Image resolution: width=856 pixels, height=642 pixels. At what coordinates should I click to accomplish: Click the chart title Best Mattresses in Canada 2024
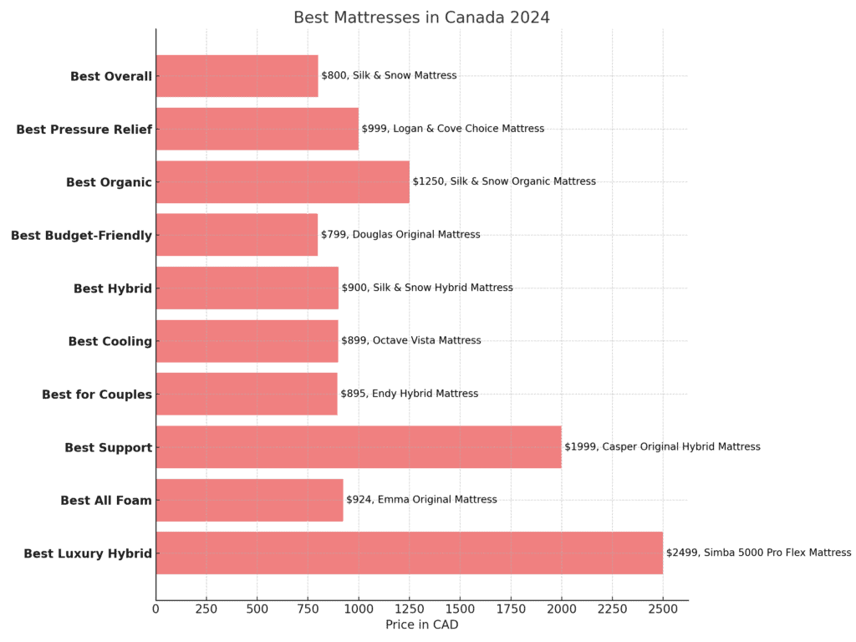click(x=421, y=18)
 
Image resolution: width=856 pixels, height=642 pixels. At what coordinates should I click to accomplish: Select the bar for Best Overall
click(x=237, y=76)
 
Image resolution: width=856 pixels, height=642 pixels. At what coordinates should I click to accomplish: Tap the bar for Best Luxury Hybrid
click(x=409, y=553)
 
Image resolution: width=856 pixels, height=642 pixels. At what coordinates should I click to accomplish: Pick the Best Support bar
click(x=358, y=447)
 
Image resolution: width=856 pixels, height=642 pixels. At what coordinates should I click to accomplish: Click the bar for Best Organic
click(x=283, y=182)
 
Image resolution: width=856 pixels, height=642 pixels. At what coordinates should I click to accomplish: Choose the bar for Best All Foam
click(x=249, y=500)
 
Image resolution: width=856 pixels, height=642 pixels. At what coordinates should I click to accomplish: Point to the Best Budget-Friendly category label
click(x=81, y=236)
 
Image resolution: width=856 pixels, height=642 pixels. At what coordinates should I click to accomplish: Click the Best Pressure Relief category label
click(x=84, y=130)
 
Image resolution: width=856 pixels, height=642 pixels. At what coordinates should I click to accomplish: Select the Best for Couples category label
click(x=97, y=395)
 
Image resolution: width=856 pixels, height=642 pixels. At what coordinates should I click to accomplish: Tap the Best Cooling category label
click(x=110, y=342)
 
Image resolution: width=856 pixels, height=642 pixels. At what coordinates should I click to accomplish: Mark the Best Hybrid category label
click(x=113, y=288)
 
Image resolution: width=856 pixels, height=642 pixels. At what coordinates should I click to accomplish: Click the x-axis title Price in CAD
click(x=421, y=624)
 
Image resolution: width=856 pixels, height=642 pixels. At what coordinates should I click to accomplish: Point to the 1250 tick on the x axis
click(x=410, y=609)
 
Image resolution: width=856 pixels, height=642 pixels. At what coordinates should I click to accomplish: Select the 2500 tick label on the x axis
click(x=663, y=609)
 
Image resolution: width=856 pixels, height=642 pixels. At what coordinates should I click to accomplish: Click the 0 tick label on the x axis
click(x=155, y=609)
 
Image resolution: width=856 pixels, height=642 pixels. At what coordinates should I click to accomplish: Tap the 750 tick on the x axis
click(x=308, y=609)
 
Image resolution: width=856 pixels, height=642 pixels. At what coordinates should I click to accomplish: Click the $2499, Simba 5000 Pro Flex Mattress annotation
click(x=758, y=553)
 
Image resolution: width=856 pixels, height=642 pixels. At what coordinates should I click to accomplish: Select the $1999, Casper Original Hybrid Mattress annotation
click(x=662, y=447)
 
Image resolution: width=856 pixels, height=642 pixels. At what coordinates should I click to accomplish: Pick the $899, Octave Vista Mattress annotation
click(x=410, y=341)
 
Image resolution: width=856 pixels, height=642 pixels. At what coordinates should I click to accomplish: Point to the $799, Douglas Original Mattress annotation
click(x=400, y=235)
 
